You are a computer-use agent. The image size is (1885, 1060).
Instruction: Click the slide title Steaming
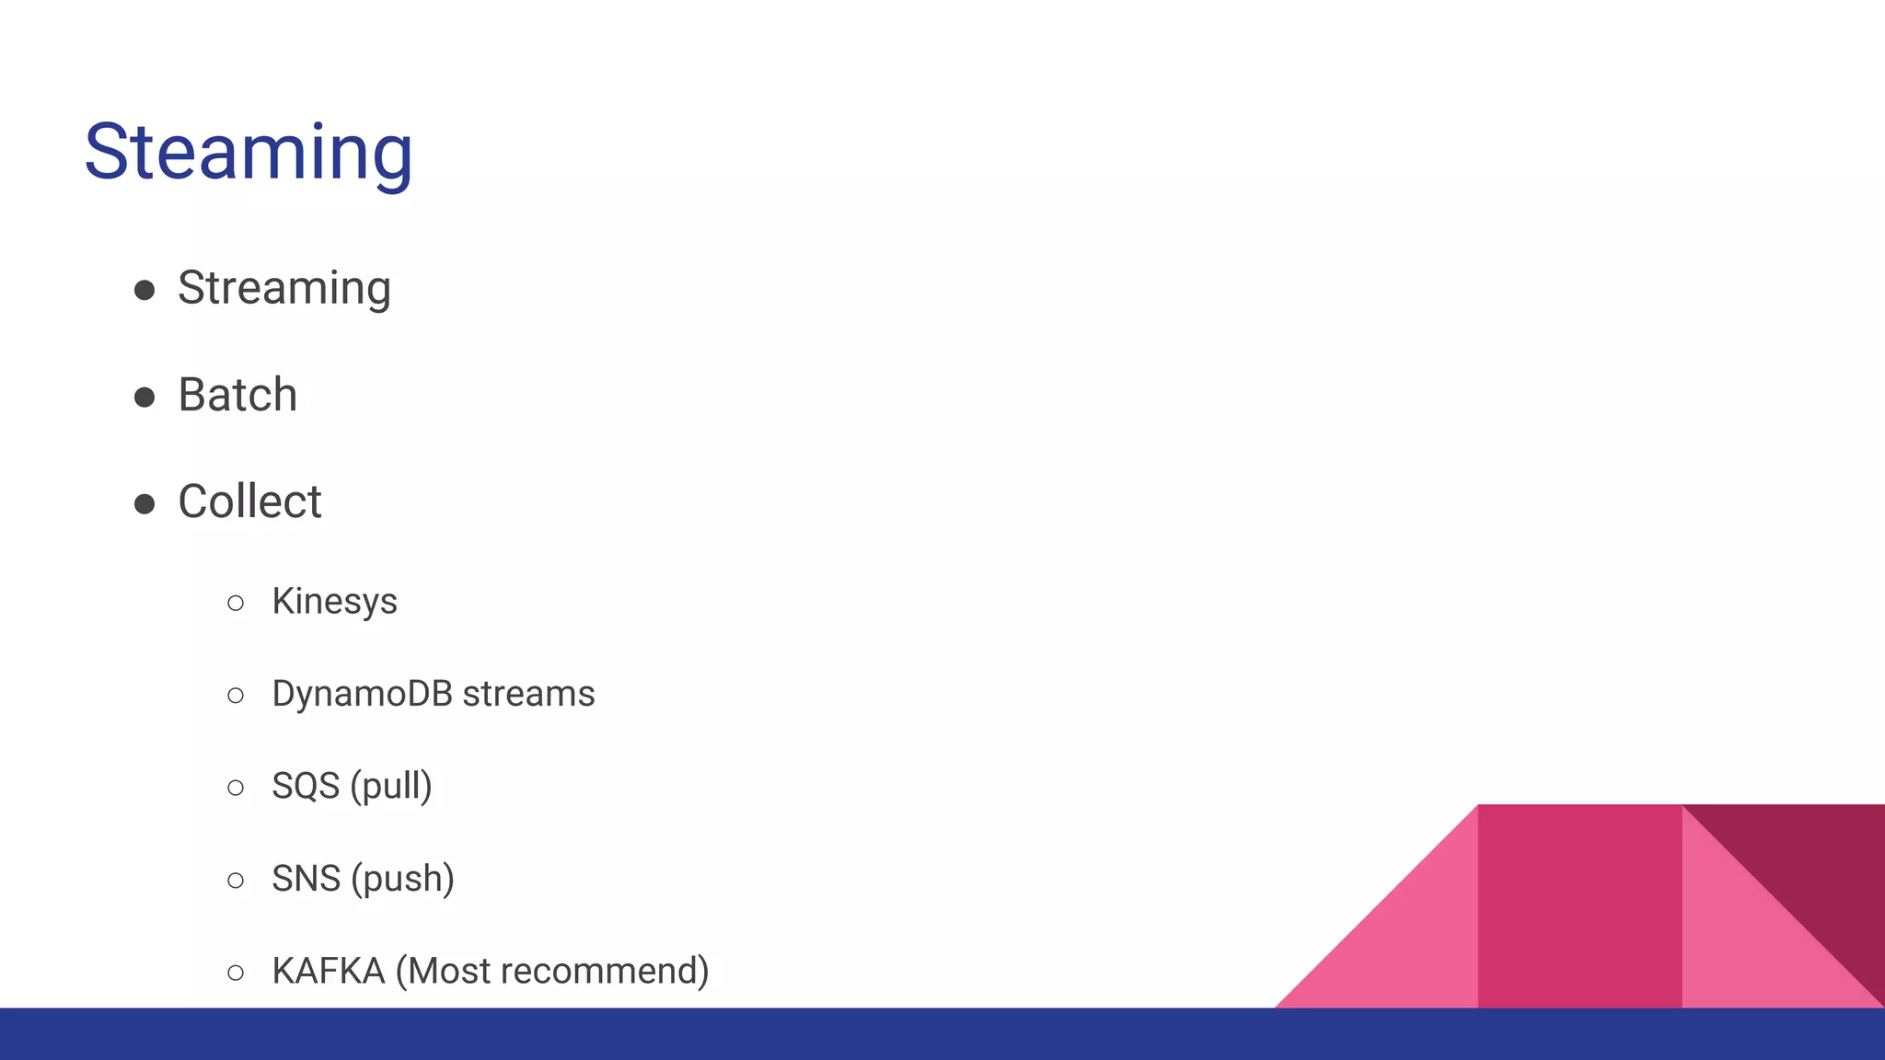click(249, 153)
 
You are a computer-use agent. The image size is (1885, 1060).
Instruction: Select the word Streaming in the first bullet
click(283, 288)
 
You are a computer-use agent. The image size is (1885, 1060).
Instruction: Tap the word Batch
click(237, 395)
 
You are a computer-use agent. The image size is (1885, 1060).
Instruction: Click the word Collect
click(249, 501)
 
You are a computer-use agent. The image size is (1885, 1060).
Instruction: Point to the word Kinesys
click(334, 602)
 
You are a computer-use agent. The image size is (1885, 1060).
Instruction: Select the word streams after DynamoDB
click(528, 694)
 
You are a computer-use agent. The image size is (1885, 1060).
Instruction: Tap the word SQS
click(305, 787)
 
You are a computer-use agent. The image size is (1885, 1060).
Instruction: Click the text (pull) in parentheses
click(391, 787)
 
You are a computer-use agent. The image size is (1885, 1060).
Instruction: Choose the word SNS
click(306, 879)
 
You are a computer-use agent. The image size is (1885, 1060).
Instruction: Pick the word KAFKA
click(328, 972)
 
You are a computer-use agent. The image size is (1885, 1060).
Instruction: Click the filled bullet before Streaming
click(145, 291)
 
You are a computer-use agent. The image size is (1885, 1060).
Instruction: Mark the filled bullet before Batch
click(145, 397)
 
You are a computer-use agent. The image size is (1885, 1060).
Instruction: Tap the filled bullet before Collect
click(145, 504)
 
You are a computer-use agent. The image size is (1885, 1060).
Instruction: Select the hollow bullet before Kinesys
click(236, 604)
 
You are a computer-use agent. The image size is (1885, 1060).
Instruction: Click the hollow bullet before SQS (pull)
click(236, 789)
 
